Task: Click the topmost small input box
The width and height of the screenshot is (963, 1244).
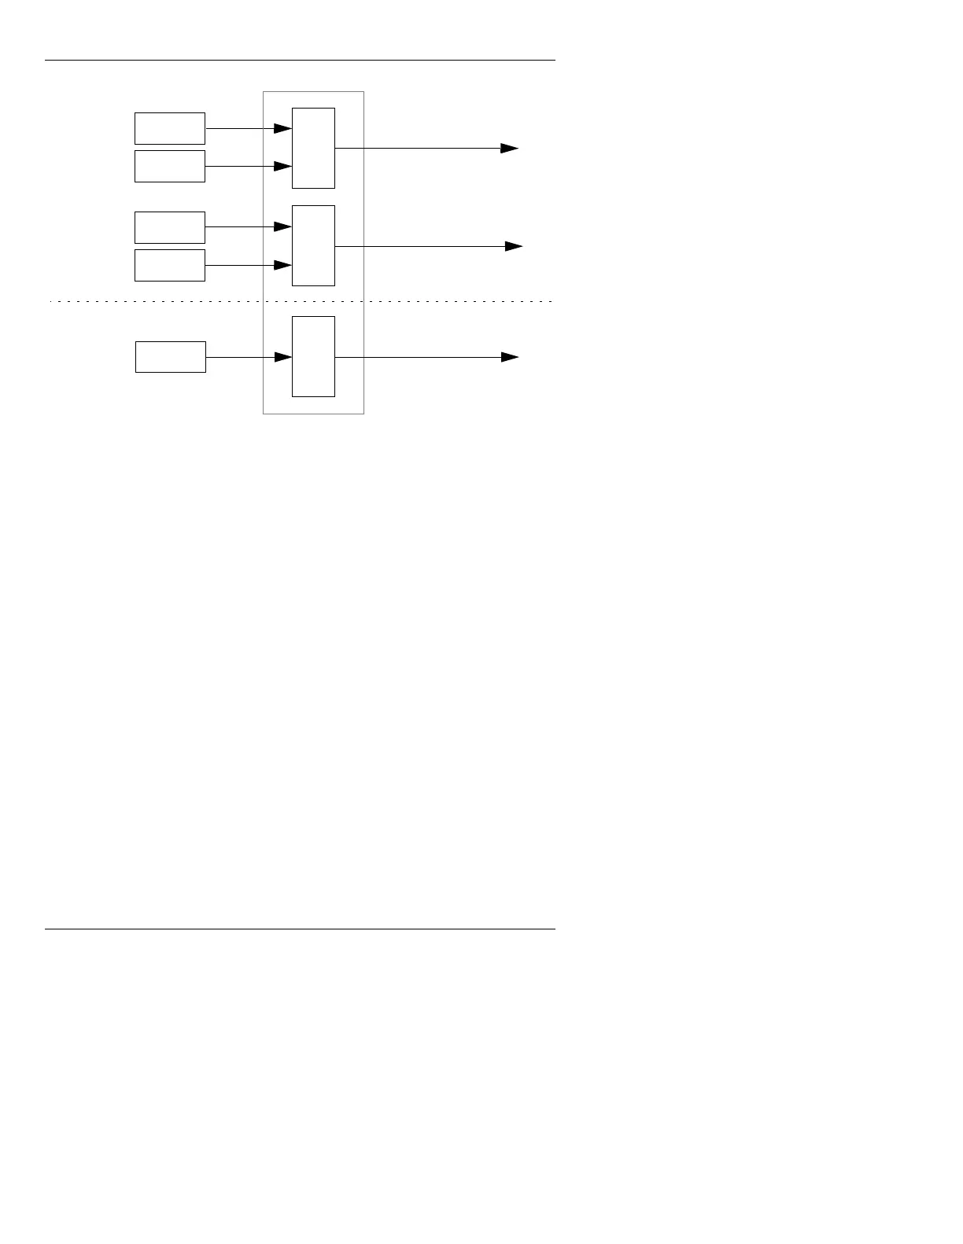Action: click(170, 128)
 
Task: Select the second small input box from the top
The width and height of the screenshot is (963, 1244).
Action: click(170, 166)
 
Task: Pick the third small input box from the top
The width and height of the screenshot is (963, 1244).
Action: click(170, 227)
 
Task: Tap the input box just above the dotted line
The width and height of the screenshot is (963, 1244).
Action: click(170, 265)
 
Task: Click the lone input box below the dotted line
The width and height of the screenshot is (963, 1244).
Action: click(171, 357)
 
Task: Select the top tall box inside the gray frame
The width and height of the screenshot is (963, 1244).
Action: click(313, 148)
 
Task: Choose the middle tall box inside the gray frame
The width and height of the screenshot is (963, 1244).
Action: click(313, 245)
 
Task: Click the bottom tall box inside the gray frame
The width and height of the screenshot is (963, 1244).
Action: click(313, 356)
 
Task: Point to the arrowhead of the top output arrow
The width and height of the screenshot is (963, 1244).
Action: click(510, 148)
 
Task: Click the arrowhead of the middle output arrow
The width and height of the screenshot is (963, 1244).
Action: click(514, 246)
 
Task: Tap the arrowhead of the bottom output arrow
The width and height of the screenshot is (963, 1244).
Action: click(510, 357)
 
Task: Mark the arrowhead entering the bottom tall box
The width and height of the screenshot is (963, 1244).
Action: click(283, 357)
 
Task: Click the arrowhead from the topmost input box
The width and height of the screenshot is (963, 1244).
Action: click(283, 128)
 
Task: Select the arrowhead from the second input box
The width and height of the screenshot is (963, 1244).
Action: click(283, 166)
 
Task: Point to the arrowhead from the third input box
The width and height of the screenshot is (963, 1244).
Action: click(283, 227)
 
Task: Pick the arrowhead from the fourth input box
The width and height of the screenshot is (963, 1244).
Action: click(283, 266)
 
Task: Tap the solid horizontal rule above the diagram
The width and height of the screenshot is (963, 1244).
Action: click(299, 60)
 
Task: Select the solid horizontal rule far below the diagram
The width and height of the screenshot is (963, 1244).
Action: click(299, 929)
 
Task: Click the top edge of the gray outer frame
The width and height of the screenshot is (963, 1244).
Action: click(313, 92)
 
